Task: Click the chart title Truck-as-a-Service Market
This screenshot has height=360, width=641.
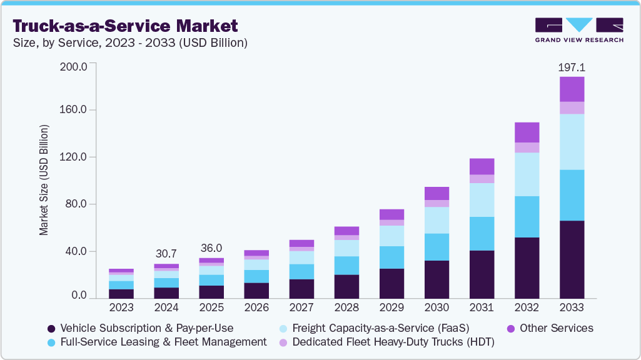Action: pos(125,26)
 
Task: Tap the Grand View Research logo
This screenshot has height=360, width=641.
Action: pos(578,29)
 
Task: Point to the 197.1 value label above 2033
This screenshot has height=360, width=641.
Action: pos(572,67)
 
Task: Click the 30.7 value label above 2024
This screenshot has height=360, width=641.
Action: pos(166,254)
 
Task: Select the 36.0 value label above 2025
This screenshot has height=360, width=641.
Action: pos(211,248)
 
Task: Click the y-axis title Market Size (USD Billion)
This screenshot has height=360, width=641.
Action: pos(44,181)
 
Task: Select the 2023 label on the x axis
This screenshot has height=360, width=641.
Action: pos(121,307)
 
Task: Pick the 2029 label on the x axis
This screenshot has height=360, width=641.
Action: pos(391,307)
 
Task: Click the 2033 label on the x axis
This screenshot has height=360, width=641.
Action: pos(572,307)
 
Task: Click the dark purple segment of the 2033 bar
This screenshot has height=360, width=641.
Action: pos(572,259)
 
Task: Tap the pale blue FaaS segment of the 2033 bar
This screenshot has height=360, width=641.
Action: pos(572,142)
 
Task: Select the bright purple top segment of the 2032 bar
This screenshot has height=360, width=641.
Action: pos(527,132)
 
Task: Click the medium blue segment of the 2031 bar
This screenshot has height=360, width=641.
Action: pos(482,234)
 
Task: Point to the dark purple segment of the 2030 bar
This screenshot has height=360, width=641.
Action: pos(437,279)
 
